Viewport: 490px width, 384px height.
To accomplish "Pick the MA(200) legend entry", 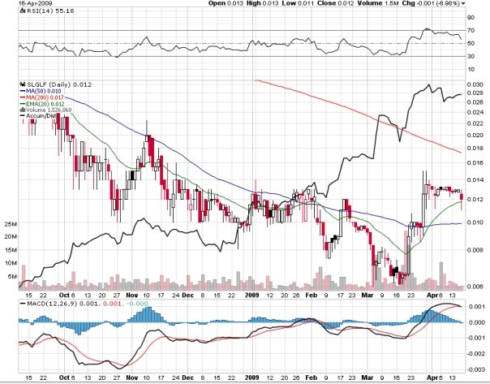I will (x=44, y=97).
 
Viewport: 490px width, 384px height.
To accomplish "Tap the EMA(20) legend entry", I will (x=44, y=104).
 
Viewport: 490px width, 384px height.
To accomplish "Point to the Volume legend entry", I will (x=45, y=110).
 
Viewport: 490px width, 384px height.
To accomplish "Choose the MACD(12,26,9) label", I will (x=44, y=303).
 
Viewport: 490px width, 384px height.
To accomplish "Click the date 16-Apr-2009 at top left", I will (x=19, y=3).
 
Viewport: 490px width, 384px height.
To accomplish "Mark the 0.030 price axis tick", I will (x=475, y=84).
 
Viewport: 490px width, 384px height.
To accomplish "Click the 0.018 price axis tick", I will (x=475, y=148).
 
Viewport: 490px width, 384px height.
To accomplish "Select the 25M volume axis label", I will (x=11, y=223).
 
